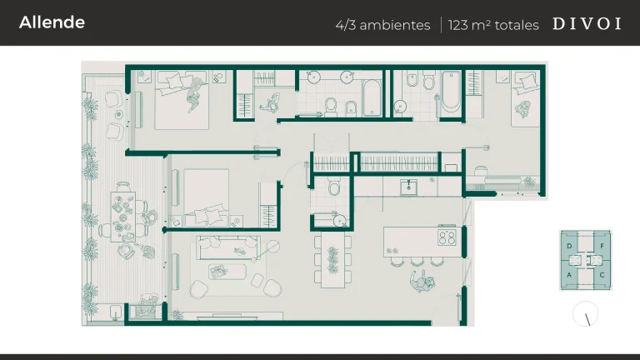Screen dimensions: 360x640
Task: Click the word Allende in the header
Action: pos(52,22)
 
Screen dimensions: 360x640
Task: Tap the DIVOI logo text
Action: pos(587,24)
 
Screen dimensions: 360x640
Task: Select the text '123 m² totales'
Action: pos(493,25)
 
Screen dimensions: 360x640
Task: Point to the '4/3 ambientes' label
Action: pos(382,25)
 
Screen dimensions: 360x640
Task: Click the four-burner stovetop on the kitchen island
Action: pos(447,237)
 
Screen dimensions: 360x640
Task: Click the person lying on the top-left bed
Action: pos(193,91)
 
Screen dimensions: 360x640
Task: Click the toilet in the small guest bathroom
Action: pos(334,189)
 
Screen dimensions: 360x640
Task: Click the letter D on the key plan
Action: pos(570,247)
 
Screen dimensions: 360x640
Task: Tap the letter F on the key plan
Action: pos(602,247)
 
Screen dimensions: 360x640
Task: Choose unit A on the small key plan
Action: pos(570,274)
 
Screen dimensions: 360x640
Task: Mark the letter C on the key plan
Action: pos(602,274)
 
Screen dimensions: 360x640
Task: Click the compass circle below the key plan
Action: pos(586,314)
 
